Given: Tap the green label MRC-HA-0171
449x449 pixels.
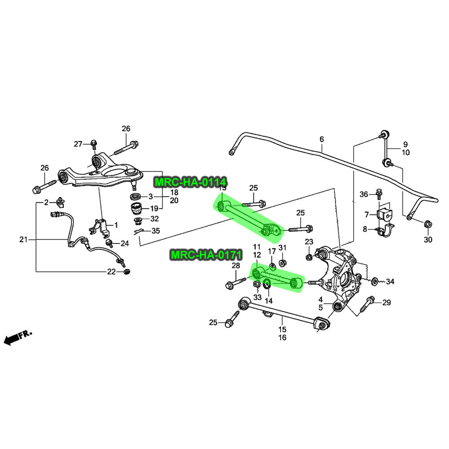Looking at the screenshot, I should point(206,255).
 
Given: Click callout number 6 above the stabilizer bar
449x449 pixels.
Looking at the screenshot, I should point(321,140).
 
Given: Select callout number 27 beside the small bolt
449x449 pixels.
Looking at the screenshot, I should point(78,144).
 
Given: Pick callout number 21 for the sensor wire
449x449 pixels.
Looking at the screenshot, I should point(23,240).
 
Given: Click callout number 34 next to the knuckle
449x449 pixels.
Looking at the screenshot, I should point(390,282).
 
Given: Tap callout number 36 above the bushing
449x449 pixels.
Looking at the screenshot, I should point(364,194).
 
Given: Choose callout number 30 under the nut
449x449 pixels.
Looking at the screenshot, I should point(428,240).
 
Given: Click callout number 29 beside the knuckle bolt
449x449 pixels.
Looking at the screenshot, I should point(387,303).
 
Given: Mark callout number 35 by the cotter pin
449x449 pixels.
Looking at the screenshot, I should point(155,231).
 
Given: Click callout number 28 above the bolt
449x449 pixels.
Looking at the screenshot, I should point(236,266).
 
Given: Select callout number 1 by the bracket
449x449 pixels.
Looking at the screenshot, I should point(115,224).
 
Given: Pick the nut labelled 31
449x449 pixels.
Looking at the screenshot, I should point(283,262).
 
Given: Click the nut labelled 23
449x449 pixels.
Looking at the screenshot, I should point(309,257).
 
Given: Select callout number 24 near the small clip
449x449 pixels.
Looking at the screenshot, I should point(125,244).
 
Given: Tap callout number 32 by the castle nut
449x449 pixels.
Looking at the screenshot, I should point(154,219).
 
